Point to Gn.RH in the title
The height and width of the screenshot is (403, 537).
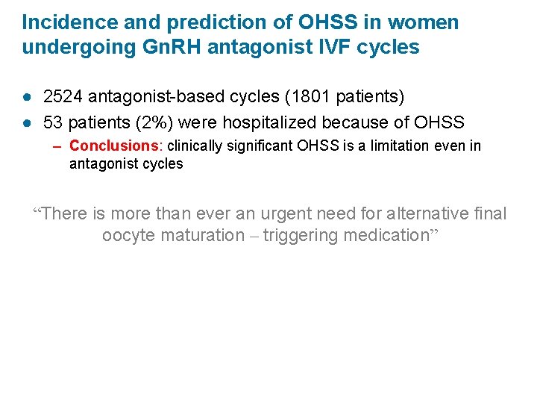(163, 48)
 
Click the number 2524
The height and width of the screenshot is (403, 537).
(64, 97)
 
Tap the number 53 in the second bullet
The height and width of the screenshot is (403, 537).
(53, 122)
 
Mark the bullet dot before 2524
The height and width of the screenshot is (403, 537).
(28, 98)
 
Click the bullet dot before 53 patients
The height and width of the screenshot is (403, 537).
(28, 122)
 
